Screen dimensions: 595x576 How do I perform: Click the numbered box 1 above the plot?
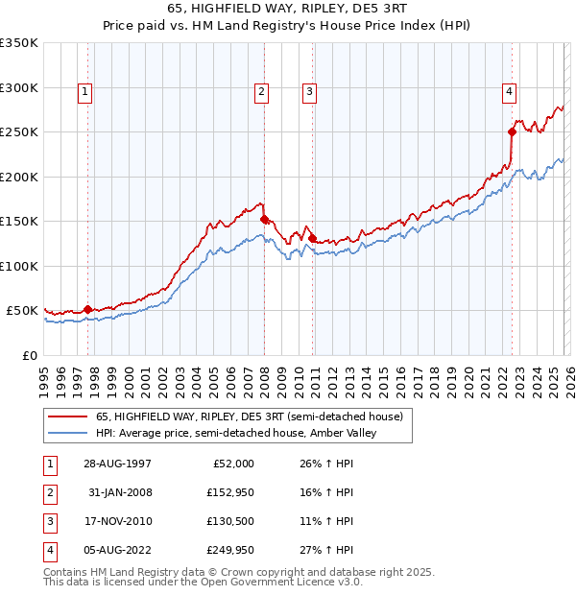point(86,92)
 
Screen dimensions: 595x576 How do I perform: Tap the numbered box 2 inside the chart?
point(261,92)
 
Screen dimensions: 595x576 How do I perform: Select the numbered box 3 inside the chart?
point(310,92)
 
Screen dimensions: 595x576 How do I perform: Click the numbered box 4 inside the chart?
point(508,92)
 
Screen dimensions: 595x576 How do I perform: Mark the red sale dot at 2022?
point(512,132)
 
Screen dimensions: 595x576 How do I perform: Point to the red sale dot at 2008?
point(264,219)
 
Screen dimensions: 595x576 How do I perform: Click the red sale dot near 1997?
point(88,309)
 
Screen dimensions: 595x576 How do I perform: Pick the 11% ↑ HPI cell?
point(327,522)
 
